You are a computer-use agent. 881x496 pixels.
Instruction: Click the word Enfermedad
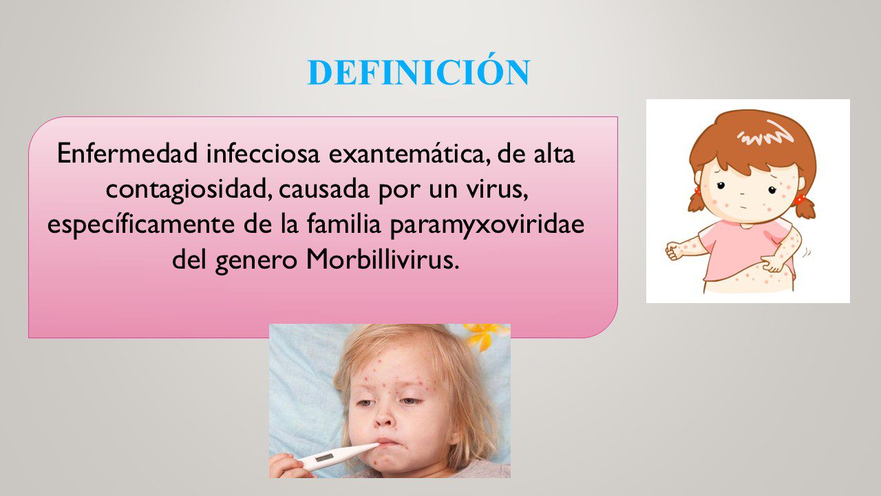click(x=127, y=153)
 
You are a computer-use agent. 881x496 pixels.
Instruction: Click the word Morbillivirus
click(x=382, y=260)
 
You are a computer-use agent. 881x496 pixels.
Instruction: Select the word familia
click(x=343, y=224)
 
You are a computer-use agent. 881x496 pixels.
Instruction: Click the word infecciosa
click(x=263, y=153)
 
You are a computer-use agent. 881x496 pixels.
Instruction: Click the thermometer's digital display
click(x=324, y=458)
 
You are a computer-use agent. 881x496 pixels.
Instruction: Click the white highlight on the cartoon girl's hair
click(x=763, y=134)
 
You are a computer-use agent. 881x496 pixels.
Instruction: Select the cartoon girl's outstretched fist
click(x=675, y=251)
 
